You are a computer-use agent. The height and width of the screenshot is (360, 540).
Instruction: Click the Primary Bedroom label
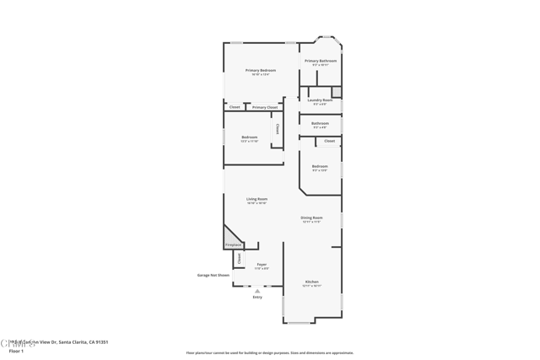click(x=261, y=70)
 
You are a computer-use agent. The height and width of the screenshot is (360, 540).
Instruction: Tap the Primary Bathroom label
click(x=321, y=61)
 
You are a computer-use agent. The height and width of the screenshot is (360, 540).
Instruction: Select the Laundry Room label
click(x=321, y=99)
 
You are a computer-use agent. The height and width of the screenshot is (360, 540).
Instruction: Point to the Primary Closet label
click(x=265, y=107)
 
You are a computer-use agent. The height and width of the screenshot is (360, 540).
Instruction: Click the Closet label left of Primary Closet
click(x=235, y=107)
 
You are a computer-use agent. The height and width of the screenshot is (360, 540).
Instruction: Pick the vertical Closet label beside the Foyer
click(x=239, y=258)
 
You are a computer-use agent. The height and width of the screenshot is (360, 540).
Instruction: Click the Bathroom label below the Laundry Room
click(x=320, y=123)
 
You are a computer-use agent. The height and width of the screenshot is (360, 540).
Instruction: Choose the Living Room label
click(x=256, y=199)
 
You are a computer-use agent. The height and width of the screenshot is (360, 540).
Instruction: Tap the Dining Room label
click(x=311, y=218)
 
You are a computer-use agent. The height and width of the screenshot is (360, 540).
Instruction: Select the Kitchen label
click(x=311, y=282)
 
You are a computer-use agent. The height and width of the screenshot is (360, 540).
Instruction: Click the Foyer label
click(x=262, y=264)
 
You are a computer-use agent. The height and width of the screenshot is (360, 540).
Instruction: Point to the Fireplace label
click(x=233, y=244)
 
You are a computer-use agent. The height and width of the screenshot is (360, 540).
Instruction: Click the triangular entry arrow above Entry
click(x=257, y=291)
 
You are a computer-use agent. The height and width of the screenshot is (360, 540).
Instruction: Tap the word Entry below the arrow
click(x=257, y=297)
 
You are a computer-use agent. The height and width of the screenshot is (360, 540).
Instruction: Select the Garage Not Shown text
click(x=213, y=275)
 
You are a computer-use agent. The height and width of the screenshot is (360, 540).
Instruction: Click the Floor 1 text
click(x=16, y=351)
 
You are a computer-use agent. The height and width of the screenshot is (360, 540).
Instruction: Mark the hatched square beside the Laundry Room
click(x=336, y=91)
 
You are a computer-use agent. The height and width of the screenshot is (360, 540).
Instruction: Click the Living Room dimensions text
click(x=256, y=203)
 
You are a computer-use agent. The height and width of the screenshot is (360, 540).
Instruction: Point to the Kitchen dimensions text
click(x=311, y=286)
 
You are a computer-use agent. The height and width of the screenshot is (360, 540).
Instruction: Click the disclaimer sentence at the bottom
click(x=269, y=352)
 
